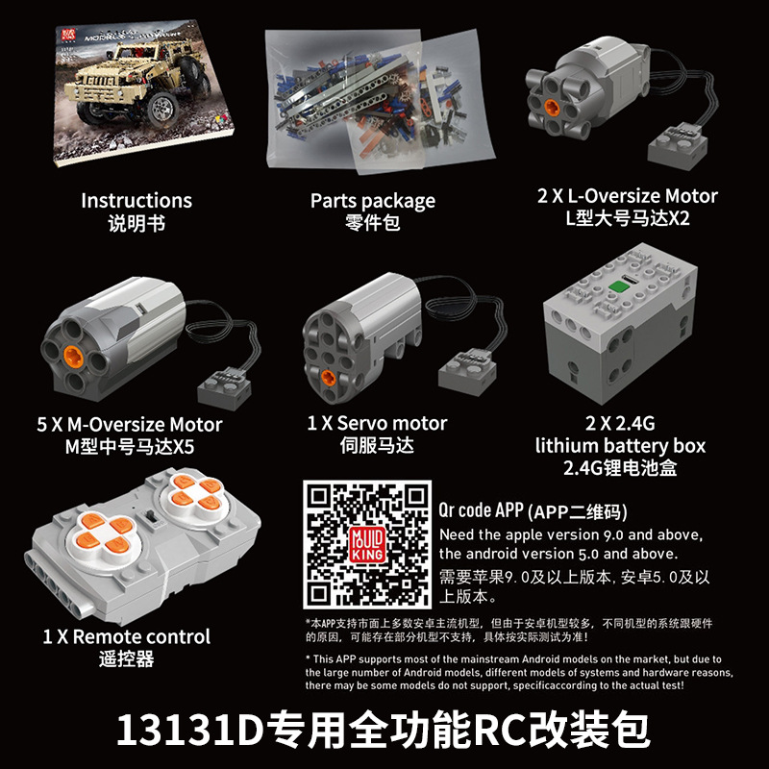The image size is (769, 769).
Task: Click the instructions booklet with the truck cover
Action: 142,93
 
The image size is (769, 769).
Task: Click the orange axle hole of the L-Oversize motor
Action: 551,106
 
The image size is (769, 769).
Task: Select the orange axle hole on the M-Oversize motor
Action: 74,356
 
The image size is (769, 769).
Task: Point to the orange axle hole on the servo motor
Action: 328,377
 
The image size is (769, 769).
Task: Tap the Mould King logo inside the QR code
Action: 367,544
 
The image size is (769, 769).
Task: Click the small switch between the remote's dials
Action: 151,517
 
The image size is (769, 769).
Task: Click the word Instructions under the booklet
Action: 136,201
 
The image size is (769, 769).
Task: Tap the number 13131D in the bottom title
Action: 190,731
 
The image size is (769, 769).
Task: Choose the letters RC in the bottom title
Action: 501,731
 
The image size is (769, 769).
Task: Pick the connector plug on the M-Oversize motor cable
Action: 224,388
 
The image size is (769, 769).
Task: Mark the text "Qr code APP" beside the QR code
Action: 482,510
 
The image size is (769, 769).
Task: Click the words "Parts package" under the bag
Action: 373,201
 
